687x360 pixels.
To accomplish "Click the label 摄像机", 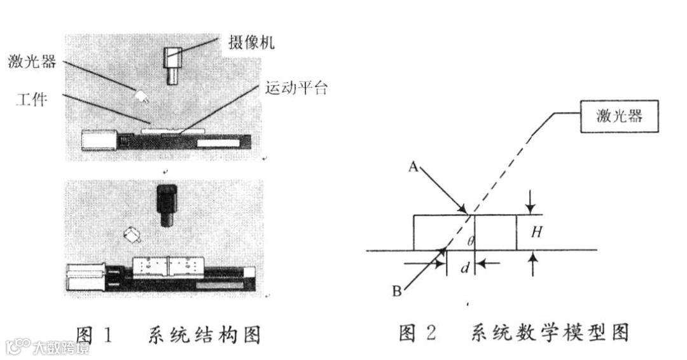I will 251,43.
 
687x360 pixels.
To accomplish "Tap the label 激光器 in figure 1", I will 32,62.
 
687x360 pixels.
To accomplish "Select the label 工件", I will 31,99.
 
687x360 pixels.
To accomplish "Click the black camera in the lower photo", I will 167,204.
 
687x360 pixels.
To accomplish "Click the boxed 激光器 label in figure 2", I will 619,116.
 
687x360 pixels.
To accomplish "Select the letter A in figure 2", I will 413,167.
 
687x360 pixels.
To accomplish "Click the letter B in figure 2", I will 397,292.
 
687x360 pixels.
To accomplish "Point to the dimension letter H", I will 536,233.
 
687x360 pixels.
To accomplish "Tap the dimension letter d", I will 465,268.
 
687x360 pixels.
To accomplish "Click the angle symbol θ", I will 470,240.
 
